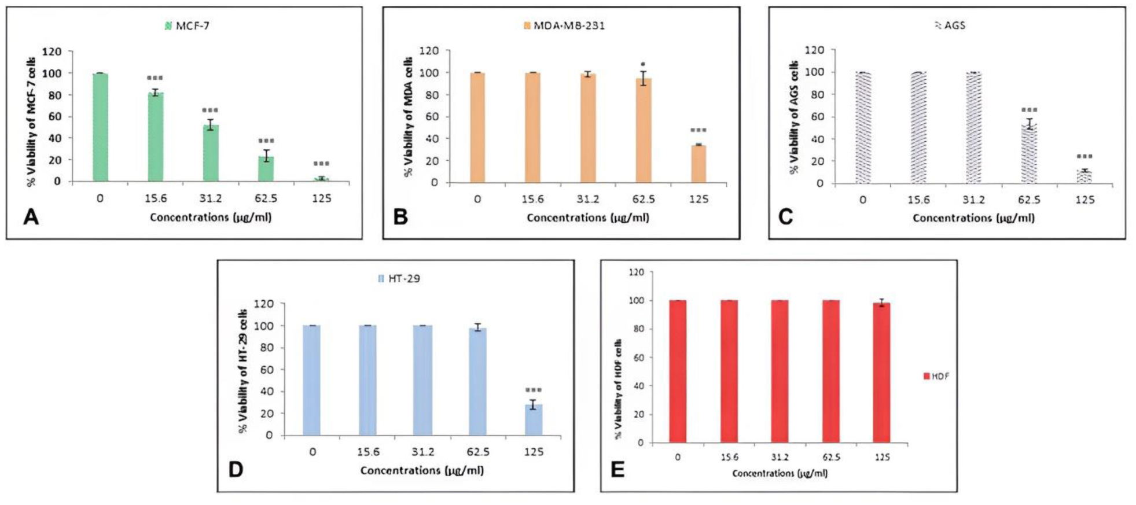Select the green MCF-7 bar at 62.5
(x=266, y=168)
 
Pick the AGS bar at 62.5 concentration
(x=1028, y=154)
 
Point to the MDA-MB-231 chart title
(x=568, y=25)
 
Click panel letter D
(x=236, y=469)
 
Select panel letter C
(x=785, y=217)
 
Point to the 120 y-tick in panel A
(x=52, y=51)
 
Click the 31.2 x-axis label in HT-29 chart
(x=423, y=452)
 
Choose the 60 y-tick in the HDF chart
(x=639, y=357)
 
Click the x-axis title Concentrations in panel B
(x=587, y=218)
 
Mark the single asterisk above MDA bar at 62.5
(x=643, y=64)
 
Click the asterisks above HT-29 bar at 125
(x=533, y=390)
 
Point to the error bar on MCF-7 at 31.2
(x=211, y=124)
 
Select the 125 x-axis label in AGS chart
(x=1084, y=200)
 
